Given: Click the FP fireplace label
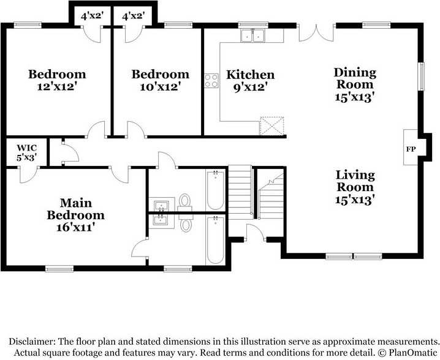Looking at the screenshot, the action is point(411,149).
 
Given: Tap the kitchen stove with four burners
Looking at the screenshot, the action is point(211,80).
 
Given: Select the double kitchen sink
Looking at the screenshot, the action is point(252,36).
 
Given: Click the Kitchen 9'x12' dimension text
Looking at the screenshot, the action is point(250,88).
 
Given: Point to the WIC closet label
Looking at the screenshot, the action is point(27,148).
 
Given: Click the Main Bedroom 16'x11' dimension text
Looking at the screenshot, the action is point(75,227).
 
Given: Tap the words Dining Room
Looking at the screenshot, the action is point(355,78).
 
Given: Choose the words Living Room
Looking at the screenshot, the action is point(355,181).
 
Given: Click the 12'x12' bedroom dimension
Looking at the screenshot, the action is point(57,87).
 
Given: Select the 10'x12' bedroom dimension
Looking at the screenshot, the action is point(160,87).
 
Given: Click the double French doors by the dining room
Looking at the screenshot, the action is point(316,33).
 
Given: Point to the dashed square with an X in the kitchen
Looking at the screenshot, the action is point(272,126).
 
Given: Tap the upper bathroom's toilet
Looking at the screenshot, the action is point(185,202).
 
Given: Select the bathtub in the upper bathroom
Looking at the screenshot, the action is point(216,190).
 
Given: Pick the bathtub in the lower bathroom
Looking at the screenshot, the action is point(216,240).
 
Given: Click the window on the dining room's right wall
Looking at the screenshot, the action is point(421,77).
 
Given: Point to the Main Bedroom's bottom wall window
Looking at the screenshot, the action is point(59,269).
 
